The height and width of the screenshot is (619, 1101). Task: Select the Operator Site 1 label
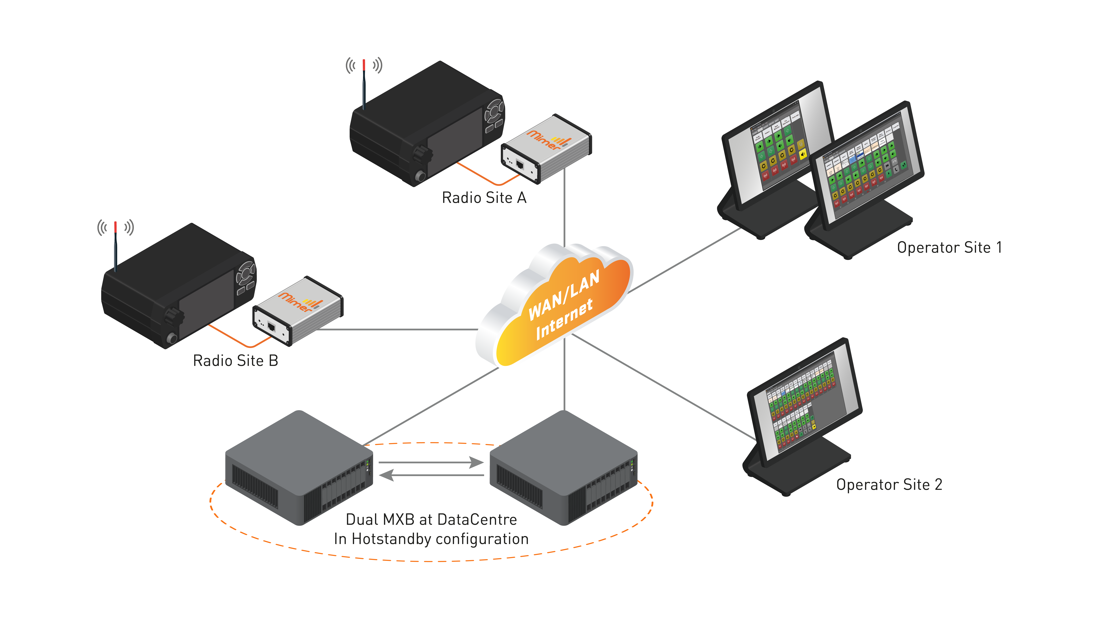click(949, 247)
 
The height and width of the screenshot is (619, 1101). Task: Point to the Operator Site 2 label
click(889, 484)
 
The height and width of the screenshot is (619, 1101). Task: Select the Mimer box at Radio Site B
click(298, 310)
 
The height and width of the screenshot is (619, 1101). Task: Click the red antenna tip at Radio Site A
click(364, 64)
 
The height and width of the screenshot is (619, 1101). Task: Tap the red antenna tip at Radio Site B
click(115, 226)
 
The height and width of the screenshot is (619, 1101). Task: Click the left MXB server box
click(299, 468)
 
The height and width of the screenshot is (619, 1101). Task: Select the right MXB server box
click(563, 468)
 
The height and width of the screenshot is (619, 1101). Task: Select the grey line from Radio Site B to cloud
click(397, 329)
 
